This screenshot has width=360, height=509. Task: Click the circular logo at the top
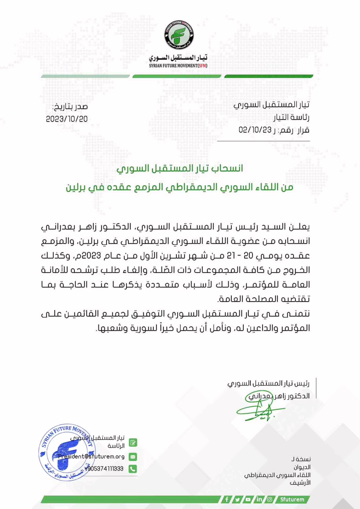179,35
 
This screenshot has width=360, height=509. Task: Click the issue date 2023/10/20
67,119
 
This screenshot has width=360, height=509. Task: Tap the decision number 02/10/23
255,130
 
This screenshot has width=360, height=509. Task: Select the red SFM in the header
202,66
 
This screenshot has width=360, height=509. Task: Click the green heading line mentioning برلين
179,187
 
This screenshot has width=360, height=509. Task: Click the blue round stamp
67,452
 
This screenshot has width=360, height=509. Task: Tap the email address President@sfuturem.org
91,457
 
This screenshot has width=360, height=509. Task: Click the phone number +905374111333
104,469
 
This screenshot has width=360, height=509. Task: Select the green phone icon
133,469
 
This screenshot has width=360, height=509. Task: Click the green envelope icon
133,457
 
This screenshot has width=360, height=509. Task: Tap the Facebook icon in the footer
227,499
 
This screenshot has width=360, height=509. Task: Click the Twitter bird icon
237,499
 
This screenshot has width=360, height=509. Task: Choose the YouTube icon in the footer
248,499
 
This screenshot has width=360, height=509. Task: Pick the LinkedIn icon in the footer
259,499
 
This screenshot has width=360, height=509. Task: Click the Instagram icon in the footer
270,499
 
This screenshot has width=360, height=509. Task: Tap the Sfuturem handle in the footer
292,499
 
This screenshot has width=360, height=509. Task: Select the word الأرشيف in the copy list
300,483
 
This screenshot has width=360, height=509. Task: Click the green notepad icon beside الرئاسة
133,443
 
